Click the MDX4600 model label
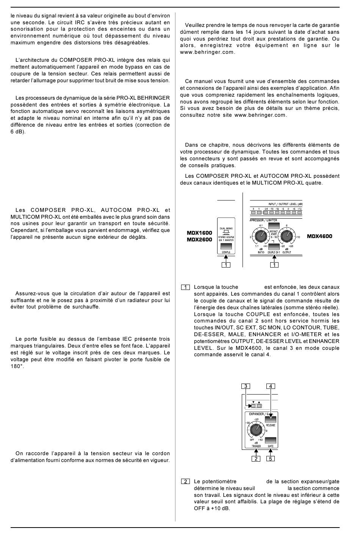click(x=319, y=236)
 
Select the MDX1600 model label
click(x=199, y=233)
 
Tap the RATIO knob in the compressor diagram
click(x=261, y=237)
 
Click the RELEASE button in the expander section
click(x=271, y=420)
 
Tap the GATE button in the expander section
click(x=271, y=440)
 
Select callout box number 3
click(x=246, y=386)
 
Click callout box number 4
click(x=271, y=386)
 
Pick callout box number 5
click(x=271, y=459)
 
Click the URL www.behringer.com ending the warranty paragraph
click(x=208, y=52)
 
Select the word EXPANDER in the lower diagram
click(x=256, y=414)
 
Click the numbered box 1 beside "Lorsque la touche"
click(x=185, y=287)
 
